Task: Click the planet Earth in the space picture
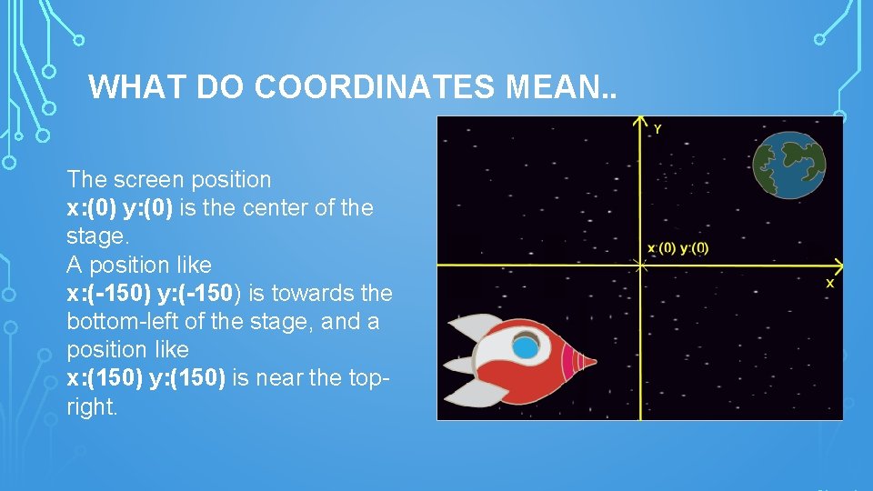coord(789,164)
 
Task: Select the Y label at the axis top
coord(657,129)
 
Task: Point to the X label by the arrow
coord(829,284)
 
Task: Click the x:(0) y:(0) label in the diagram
coord(677,248)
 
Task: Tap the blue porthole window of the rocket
coord(526,346)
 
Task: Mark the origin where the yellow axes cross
coord(641,266)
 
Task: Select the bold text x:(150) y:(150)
coord(146,378)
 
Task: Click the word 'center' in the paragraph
coord(271,208)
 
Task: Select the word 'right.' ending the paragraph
coord(93,406)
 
